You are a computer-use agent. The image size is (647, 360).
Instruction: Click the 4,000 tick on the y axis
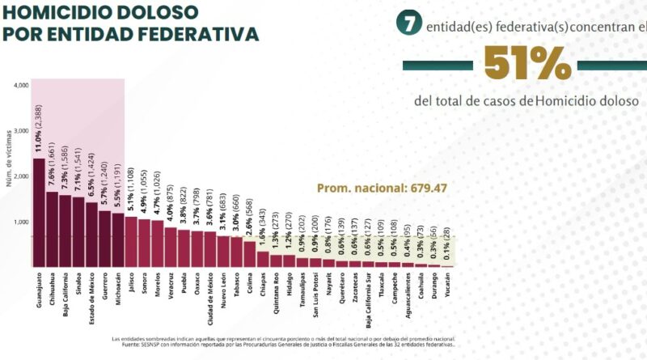[22, 85]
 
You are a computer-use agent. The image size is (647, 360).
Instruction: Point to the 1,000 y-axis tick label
[22, 222]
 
